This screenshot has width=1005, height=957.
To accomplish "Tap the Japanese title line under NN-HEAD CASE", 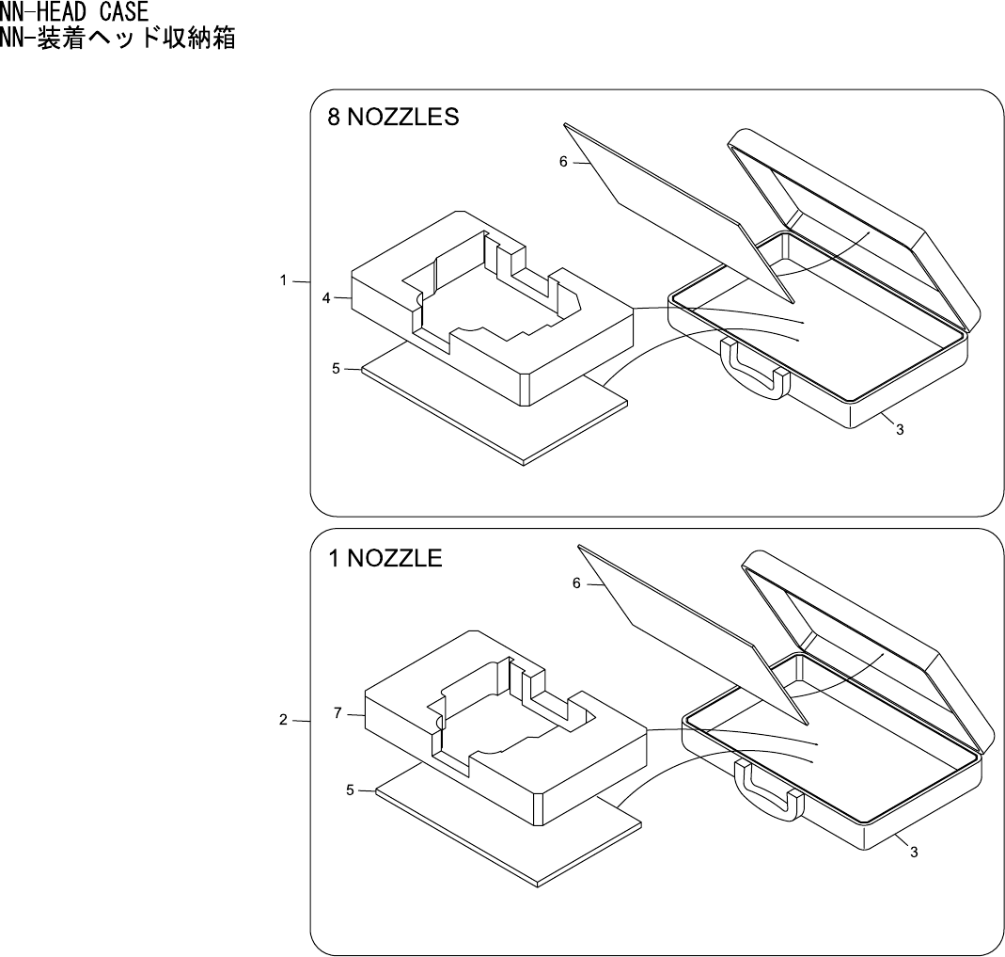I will click(118, 39).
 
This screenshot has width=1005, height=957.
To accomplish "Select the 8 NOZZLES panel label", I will click(393, 119).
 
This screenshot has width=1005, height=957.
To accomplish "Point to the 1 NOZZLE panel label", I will click(385, 558).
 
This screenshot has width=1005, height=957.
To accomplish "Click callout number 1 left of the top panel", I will click(283, 281).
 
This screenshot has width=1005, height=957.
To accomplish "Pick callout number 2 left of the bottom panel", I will click(283, 721).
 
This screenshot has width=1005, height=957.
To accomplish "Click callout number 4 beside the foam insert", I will click(326, 298).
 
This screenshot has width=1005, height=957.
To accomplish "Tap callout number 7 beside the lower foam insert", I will click(338, 714).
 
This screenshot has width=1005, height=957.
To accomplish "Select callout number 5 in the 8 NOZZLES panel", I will click(337, 369).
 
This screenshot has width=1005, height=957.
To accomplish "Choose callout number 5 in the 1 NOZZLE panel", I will click(350, 790).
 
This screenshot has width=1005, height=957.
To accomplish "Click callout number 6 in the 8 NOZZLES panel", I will click(563, 162).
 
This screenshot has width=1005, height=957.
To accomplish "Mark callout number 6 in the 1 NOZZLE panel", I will click(576, 583).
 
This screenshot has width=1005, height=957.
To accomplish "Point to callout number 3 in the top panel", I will click(900, 430).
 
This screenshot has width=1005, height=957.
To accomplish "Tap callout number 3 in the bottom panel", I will click(913, 852).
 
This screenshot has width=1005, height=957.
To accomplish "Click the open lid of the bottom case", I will click(870, 640).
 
